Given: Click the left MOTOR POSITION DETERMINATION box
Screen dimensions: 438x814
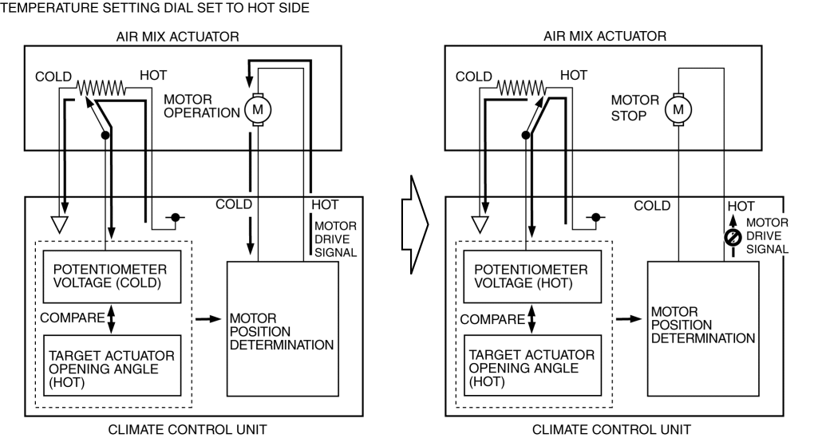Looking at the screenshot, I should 283,328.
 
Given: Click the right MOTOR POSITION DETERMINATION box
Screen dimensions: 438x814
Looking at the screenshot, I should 702,328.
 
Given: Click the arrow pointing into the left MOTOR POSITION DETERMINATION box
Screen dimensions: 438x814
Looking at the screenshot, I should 209,318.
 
